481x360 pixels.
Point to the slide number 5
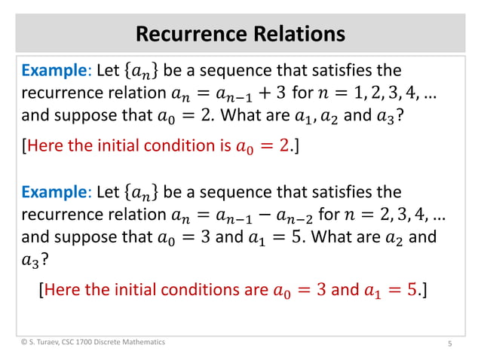pos(449,344)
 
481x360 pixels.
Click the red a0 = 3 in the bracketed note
pos(299,290)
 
